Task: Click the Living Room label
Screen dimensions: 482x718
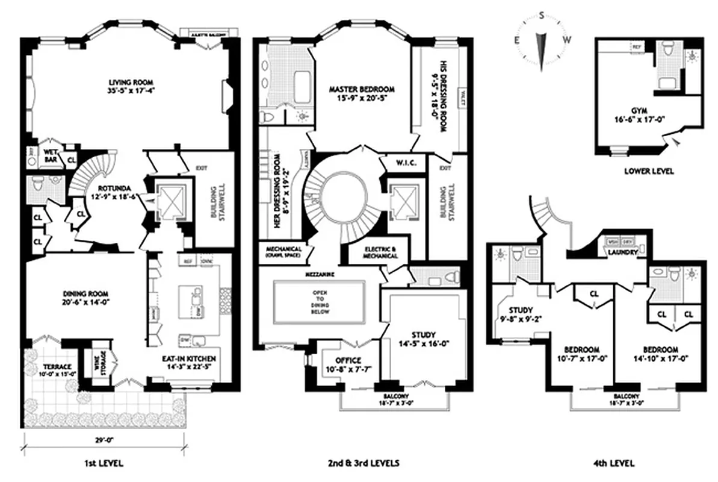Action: coord(131,83)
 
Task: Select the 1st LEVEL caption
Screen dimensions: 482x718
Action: coord(105,463)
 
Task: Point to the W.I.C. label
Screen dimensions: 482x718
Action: coord(403,162)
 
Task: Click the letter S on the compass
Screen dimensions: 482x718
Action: coord(541,16)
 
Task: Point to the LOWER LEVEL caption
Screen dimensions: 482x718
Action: coord(649,171)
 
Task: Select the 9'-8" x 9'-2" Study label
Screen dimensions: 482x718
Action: coord(521,311)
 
